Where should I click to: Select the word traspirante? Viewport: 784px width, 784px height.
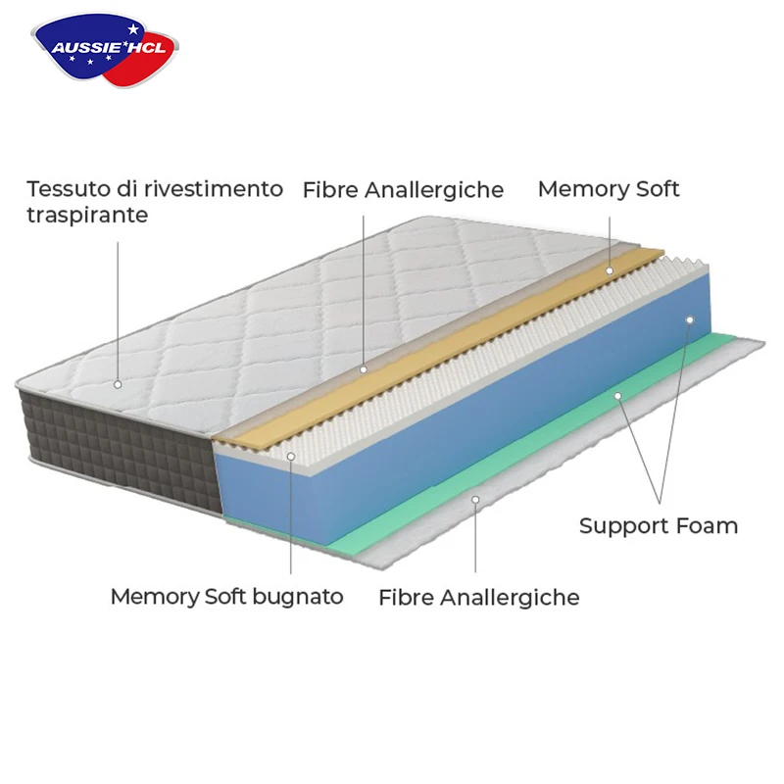tap(87, 214)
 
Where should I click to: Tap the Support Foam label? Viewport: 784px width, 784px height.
tap(658, 525)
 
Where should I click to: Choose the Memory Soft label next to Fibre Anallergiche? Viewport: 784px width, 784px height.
tap(608, 188)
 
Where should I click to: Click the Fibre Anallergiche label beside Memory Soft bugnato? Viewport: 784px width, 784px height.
tap(478, 597)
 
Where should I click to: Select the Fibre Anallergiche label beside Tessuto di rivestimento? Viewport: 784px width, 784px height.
tap(403, 189)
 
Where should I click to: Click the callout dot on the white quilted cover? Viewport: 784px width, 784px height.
tap(118, 384)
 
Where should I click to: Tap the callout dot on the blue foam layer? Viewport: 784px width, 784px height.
tap(690, 319)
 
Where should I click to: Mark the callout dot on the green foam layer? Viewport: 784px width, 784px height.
tap(617, 396)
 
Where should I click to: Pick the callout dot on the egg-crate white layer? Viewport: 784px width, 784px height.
tap(291, 456)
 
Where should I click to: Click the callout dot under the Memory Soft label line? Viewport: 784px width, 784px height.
tap(609, 269)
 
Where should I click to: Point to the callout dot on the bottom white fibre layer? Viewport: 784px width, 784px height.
tap(475, 500)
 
